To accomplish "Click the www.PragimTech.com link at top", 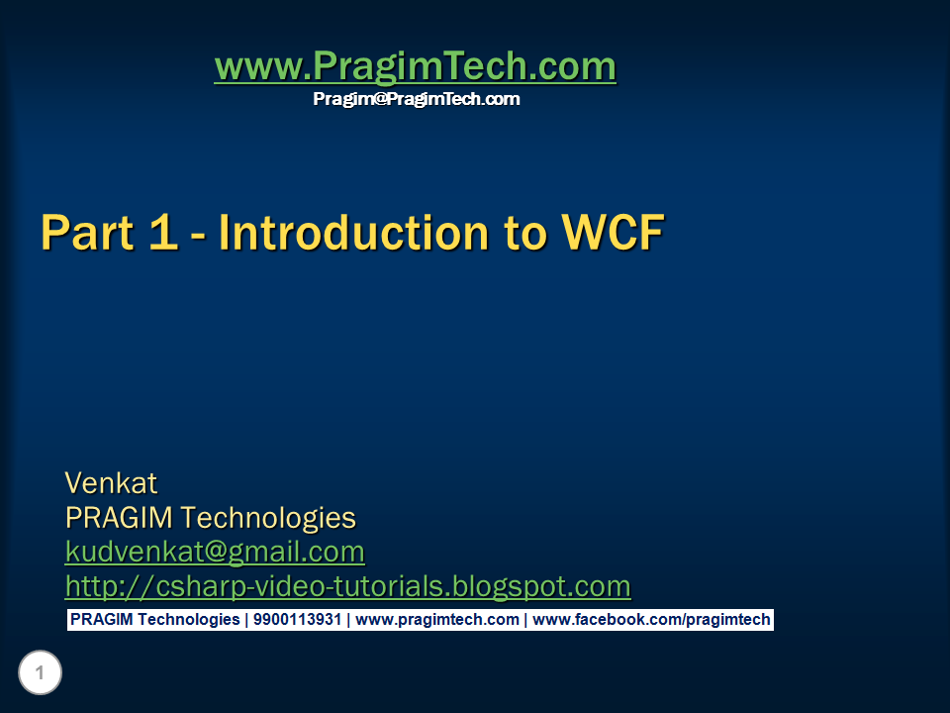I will [x=415, y=67].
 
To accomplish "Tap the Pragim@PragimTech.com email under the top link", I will [x=416, y=99].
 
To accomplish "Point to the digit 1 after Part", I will [x=161, y=234].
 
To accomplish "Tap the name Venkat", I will [x=111, y=483].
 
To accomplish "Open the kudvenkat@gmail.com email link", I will [x=215, y=552].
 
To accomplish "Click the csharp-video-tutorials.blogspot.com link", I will [x=347, y=586].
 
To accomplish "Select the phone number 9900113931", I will [x=297, y=620].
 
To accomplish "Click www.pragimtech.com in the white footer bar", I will [x=436, y=620].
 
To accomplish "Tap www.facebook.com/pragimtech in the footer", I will [x=651, y=620].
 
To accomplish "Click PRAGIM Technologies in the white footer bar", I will [x=154, y=620].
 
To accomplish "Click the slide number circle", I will [x=40, y=674].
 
